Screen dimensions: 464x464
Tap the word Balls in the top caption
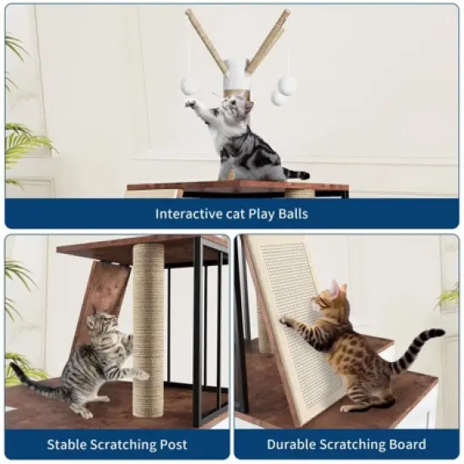pos(291,213)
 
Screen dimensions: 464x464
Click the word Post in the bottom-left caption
pos(171,445)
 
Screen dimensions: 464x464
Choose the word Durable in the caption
pos(290,445)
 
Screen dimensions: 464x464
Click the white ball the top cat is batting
pos(190,85)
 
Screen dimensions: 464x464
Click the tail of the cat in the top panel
pos(295,175)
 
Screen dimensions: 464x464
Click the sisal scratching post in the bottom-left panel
pos(148,329)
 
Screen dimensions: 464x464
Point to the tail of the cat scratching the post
pos(34,384)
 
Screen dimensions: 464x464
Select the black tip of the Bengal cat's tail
pos(437,334)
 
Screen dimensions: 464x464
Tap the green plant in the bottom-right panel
pos(449,295)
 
